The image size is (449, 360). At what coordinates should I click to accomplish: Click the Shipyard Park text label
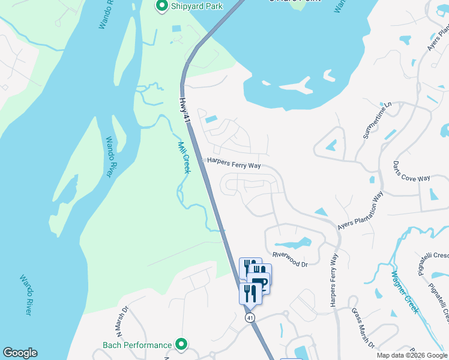pos(197,6)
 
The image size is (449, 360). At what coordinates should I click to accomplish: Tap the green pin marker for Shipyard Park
pos(161,6)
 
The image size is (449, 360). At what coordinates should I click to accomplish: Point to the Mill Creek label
pos(184,157)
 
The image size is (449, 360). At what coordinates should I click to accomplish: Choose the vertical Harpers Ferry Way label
pos(334,280)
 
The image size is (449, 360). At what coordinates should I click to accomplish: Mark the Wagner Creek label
pos(405,293)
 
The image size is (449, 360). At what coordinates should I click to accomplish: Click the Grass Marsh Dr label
pos(363,328)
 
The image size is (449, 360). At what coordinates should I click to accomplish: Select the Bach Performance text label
pos(137,345)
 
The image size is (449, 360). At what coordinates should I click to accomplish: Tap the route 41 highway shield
pos(250,317)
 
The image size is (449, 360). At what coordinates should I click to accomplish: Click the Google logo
pos(20,353)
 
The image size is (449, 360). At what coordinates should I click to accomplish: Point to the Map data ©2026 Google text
pos(412,355)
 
